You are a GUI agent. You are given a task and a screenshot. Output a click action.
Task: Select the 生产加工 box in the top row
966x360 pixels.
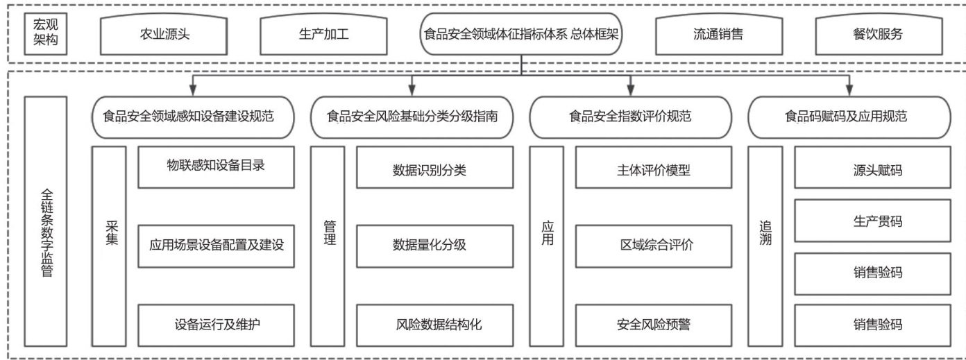click(x=319, y=34)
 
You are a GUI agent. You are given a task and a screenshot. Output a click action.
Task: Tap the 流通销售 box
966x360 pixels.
click(x=718, y=34)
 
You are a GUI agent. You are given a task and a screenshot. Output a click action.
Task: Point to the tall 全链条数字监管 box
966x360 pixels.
click(x=46, y=221)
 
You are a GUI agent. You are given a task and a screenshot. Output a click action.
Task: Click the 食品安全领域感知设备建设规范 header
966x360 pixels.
click(x=193, y=117)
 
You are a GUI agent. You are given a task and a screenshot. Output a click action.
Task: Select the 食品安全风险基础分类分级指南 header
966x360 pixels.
click(x=412, y=117)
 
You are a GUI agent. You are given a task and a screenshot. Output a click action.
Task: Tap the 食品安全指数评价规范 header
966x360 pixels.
click(x=629, y=117)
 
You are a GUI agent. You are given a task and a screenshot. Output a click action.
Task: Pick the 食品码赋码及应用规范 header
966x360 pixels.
click(x=849, y=117)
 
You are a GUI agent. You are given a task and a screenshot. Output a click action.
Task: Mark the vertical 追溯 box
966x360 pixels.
click(x=765, y=246)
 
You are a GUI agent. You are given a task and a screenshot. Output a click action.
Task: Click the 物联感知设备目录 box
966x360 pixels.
click(x=216, y=166)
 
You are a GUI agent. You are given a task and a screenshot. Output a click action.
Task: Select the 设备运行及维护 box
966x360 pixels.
click(x=216, y=325)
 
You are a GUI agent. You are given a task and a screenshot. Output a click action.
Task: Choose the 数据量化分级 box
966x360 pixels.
click(x=434, y=246)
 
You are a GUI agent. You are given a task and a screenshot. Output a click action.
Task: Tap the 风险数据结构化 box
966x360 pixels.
click(x=434, y=325)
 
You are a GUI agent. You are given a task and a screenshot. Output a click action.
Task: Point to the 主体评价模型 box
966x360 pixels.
click(x=653, y=166)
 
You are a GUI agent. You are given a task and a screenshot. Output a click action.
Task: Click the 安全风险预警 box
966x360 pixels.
click(x=653, y=325)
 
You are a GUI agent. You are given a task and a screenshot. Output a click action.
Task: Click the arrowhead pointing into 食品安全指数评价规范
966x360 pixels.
click(x=630, y=89)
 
